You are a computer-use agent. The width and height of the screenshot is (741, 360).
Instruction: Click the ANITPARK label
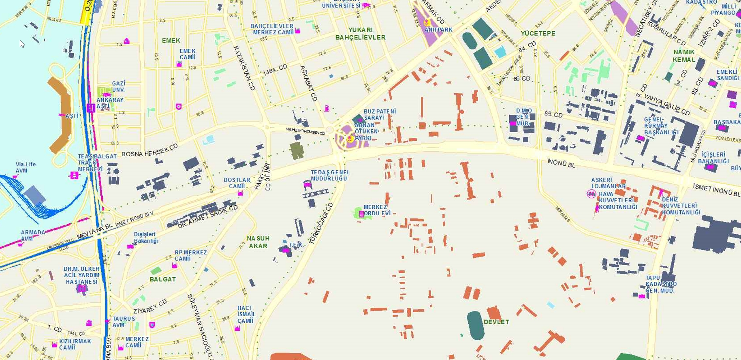tap(438, 30)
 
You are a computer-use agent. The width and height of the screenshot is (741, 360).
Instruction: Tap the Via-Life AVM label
tap(25, 167)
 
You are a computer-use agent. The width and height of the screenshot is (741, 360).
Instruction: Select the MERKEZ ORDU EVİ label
tap(377, 210)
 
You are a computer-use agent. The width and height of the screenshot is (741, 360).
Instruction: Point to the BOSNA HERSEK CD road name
tap(149, 150)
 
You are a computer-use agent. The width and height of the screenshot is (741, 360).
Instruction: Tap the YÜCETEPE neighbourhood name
tap(538, 33)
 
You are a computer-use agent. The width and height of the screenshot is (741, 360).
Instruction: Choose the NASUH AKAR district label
tap(258, 242)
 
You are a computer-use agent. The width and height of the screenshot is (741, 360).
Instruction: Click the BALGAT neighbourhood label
tap(162, 279)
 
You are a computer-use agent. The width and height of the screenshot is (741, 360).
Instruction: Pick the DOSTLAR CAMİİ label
tap(237, 183)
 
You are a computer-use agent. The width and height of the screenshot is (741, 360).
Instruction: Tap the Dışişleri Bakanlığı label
tap(146, 237)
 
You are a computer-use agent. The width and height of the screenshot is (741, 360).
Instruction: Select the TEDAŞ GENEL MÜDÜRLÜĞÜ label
tap(330, 175)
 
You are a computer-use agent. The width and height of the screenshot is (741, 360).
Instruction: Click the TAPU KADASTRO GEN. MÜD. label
tap(661, 284)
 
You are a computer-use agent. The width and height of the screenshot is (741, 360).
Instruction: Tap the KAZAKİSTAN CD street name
tap(244, 68)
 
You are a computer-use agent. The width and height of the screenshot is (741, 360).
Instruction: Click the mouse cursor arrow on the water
tap(21, 43)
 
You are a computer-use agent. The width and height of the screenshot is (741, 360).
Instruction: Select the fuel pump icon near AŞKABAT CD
tap(327, 108)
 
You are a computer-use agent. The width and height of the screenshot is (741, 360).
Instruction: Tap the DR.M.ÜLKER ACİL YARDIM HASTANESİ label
tap(81, 275)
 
